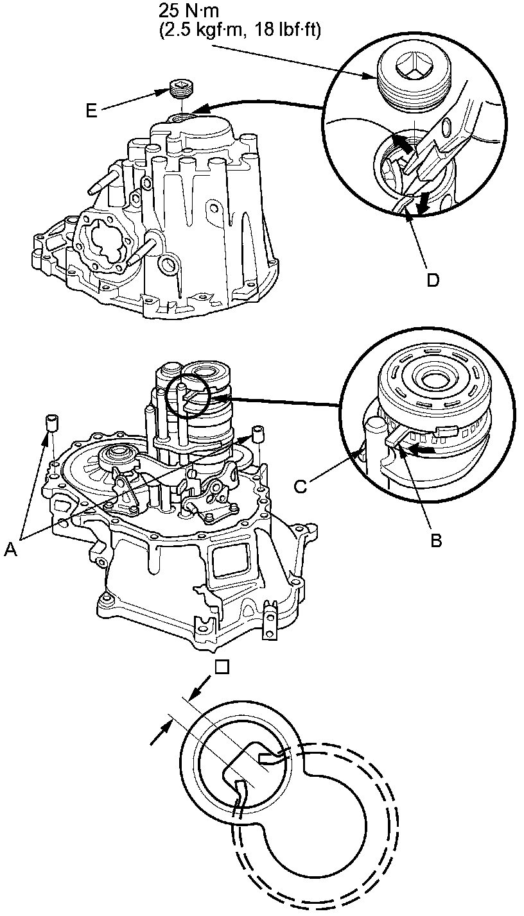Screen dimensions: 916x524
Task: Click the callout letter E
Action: tap(92, 110)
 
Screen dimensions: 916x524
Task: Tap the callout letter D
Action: tap(433, 280)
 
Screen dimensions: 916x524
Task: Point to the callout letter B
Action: tap(436, 540)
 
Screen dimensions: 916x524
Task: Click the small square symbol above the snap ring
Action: tap(222, 668)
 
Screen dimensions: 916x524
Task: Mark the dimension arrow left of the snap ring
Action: tap(161, 732)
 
